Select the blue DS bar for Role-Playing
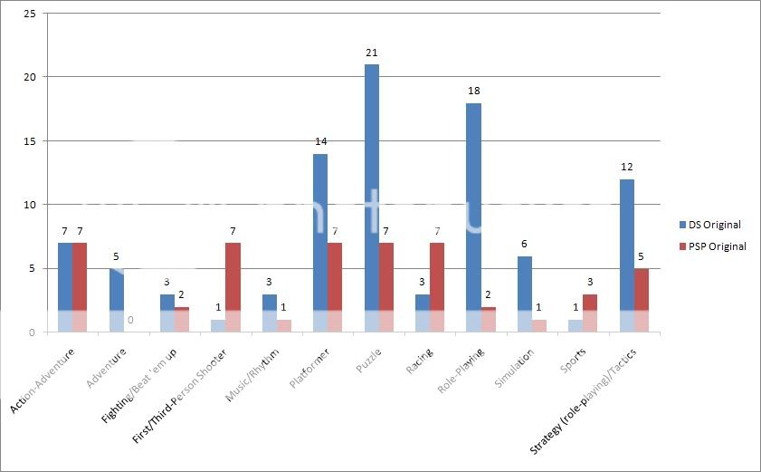tap(474, 217)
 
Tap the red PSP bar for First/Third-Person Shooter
tap(233, 287)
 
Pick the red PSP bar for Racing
tap(437, 287)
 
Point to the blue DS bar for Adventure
tap(116, 300)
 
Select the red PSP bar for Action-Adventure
tap(79, 287)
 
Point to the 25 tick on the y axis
tap(31, 14)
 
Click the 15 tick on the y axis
tap(31, 141)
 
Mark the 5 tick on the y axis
tap(34, 268)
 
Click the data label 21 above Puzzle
tap(372, 53)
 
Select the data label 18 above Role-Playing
tap(474, 92)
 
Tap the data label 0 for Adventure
tap(130, 320)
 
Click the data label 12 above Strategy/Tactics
tap(627, 168)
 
